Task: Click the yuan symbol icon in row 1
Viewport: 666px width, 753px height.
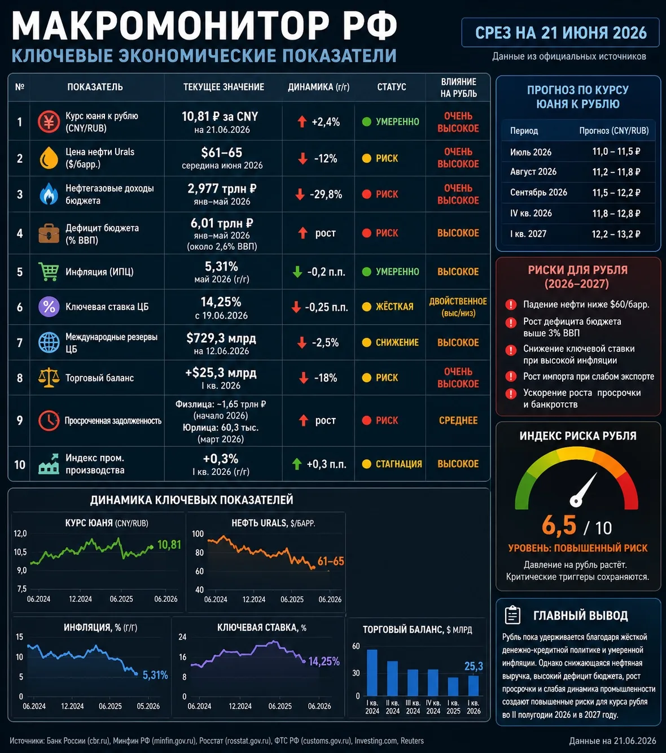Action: (49, 121)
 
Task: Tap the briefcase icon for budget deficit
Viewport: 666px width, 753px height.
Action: (49, 233)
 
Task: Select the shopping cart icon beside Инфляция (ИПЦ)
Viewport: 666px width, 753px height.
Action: (49, 272)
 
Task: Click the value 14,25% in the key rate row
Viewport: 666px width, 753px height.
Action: (221, 302)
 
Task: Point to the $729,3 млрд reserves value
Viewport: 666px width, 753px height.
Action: (221, 338)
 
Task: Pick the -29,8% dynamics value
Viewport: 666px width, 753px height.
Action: (326, 194)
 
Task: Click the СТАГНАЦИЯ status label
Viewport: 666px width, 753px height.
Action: (399, 464)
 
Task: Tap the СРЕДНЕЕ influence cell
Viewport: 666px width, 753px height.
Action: (458, 420)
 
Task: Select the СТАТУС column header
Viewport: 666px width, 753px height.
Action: (392, 87)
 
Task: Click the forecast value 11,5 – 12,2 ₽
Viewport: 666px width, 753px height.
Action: (616, 193)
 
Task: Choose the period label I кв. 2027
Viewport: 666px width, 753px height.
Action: (528, 234)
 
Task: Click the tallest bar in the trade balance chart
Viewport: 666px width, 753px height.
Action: (372, 672)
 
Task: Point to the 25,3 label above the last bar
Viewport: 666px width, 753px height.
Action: (474, 667)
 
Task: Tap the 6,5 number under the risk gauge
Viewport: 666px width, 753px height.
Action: (559, 525)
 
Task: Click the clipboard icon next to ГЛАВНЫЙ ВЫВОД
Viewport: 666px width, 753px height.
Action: (512, 615)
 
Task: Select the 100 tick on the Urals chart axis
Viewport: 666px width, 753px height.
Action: (198, 534)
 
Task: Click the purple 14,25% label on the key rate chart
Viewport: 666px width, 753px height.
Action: (324, 661)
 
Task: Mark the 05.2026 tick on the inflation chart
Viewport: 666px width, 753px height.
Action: (148, 706)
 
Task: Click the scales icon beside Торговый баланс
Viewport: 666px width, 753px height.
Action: (49, 377)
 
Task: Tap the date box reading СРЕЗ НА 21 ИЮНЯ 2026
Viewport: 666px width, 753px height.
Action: (560, 33)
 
